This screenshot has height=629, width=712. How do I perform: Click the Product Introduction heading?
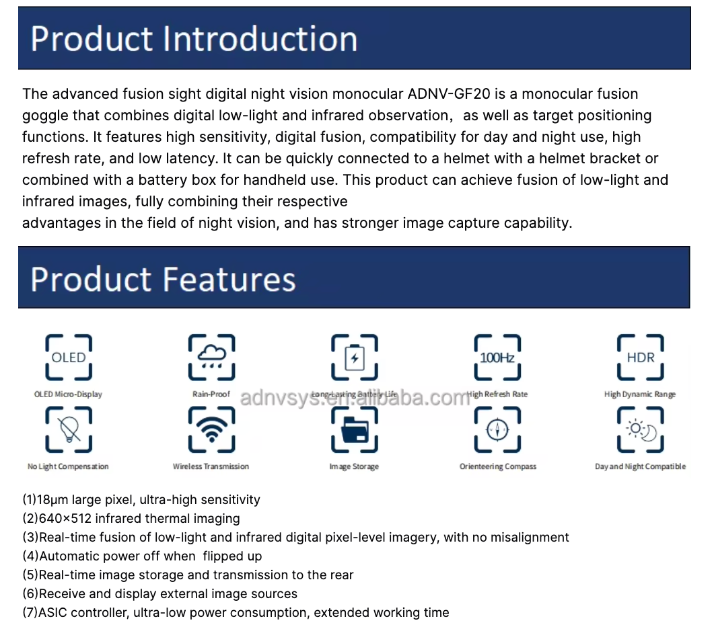point(194,39)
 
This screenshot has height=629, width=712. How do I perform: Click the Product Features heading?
point(163,279)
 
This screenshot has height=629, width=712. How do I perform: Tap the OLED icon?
point(69,358)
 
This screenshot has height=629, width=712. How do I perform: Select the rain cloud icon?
point(211,358)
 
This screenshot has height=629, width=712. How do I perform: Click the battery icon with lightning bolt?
point(354,358)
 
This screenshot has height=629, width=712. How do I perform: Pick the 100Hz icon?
point(497,358)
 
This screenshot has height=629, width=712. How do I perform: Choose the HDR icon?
point(640,358)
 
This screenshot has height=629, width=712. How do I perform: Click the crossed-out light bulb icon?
point(69,430)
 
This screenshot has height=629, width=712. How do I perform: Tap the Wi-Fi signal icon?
point(211,430)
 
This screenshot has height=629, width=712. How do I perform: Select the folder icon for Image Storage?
point(354,430)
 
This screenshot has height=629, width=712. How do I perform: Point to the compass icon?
point(497,430)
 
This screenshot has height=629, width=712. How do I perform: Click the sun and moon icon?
point(640,430)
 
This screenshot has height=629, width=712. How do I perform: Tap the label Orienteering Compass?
point(498,466)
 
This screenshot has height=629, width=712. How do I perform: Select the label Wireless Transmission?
point(211,466)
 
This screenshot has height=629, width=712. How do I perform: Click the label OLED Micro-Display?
point(68,394)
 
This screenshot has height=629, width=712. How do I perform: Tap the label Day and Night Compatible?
point(640,466)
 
